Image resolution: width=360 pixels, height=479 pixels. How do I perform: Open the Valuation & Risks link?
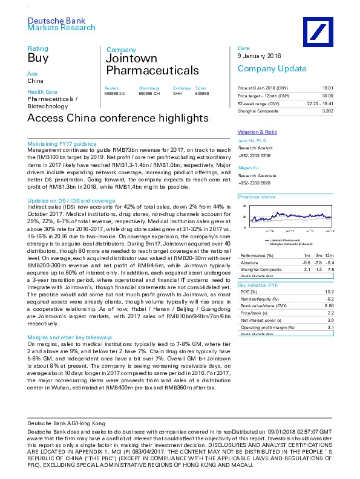[257, 131]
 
